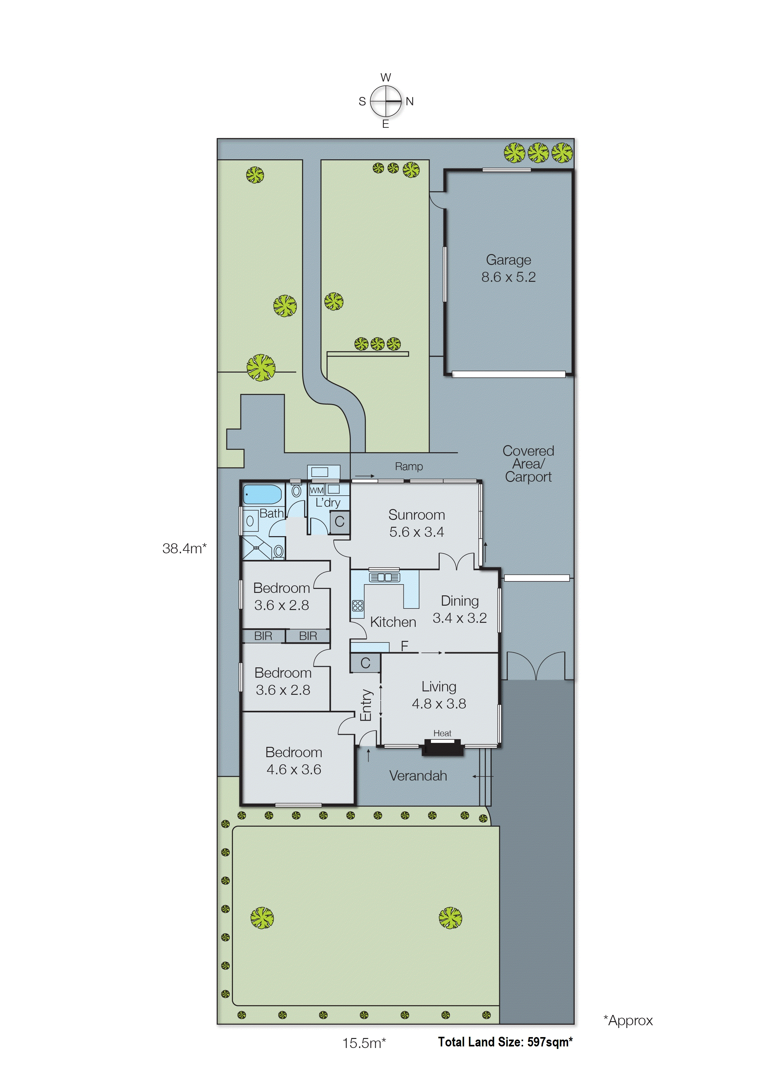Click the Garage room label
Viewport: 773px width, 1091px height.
[x=508, y=260]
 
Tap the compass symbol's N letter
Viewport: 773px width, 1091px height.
[x=409, y=101]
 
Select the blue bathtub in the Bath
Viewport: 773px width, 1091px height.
[x=262, y=494]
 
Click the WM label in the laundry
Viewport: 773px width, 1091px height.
[x=316, y=490]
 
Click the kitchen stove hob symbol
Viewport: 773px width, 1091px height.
[x=357, y=606]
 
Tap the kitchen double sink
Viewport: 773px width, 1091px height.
[x=384, y=577]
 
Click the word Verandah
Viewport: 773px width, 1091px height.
[x=418, y=776]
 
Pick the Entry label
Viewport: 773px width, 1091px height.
[x=365, y=705]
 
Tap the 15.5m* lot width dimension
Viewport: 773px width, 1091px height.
[x=364, y=1043]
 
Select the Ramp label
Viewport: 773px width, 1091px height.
[x=408, y=466]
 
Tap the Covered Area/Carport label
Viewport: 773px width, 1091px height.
[x=528, y=464]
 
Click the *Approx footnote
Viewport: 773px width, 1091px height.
[x=628, y=1021]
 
